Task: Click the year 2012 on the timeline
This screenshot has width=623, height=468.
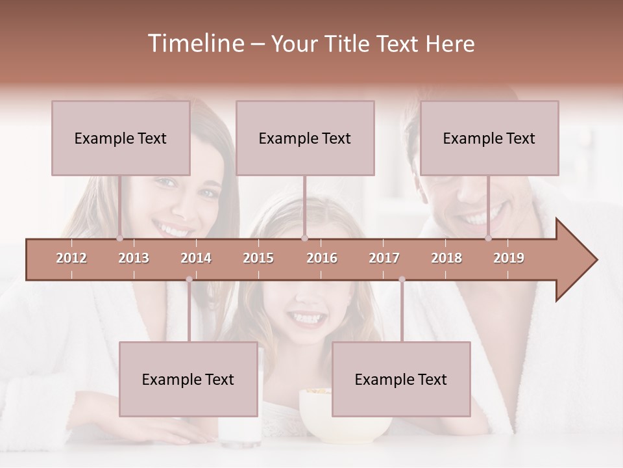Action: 71,259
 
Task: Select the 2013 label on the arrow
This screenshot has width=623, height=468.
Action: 134,259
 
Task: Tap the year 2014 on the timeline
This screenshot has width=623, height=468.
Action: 196,259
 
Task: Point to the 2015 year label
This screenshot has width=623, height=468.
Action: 258,259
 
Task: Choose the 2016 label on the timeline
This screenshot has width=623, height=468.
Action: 322,259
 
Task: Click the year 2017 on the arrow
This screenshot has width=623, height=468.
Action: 384,259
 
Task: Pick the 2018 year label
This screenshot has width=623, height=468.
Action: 446,259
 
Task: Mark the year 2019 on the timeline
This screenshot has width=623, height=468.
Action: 509,259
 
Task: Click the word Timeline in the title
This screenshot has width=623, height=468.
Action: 195,44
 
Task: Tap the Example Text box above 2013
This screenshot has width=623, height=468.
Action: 121,138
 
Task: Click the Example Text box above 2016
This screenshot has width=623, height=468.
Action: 305,138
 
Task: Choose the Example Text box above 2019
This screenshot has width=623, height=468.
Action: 489,138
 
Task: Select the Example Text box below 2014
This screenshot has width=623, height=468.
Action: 188,379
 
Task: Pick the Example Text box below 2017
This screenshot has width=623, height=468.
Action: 401,379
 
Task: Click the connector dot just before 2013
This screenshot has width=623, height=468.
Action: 119,239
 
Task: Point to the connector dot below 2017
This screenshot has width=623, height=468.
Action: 402,279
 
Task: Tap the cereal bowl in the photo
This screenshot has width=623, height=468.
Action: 318,419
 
